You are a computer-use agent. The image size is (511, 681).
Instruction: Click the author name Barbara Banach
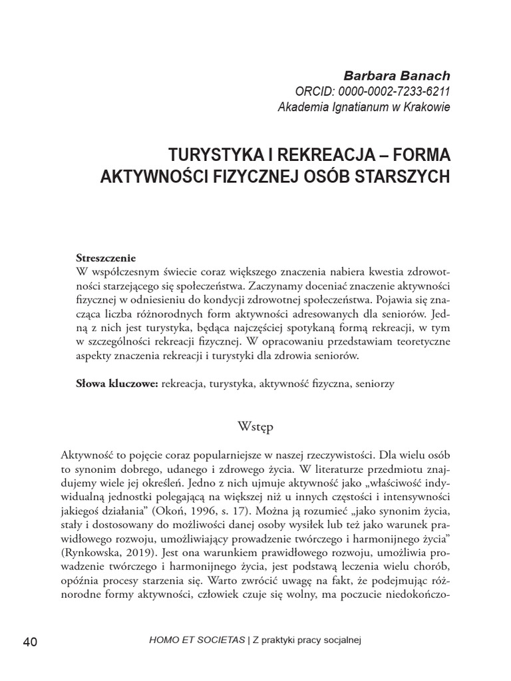[x=397, y=75]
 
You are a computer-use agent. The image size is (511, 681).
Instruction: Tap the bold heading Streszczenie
[x=106, y=258]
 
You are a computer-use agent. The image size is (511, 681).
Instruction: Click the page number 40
[x=30, y=642]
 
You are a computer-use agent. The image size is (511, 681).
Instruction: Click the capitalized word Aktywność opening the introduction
[x=88, y=456]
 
